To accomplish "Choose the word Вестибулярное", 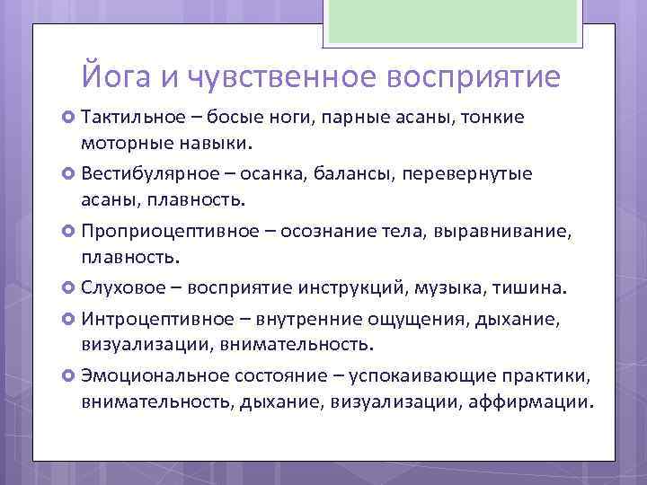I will (142, 173).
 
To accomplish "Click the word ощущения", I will (409, 319).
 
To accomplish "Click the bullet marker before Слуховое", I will (69, 288).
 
